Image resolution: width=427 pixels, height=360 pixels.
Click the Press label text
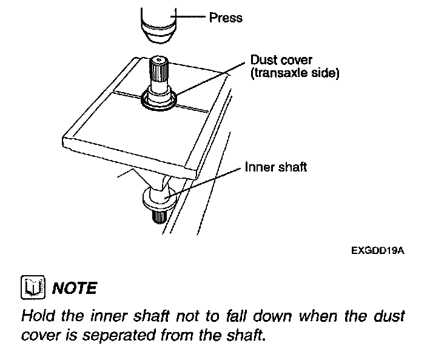click(226, 18)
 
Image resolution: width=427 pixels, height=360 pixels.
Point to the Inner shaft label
click(275, 166)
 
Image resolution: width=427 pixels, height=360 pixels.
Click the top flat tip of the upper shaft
click(159, 59)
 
